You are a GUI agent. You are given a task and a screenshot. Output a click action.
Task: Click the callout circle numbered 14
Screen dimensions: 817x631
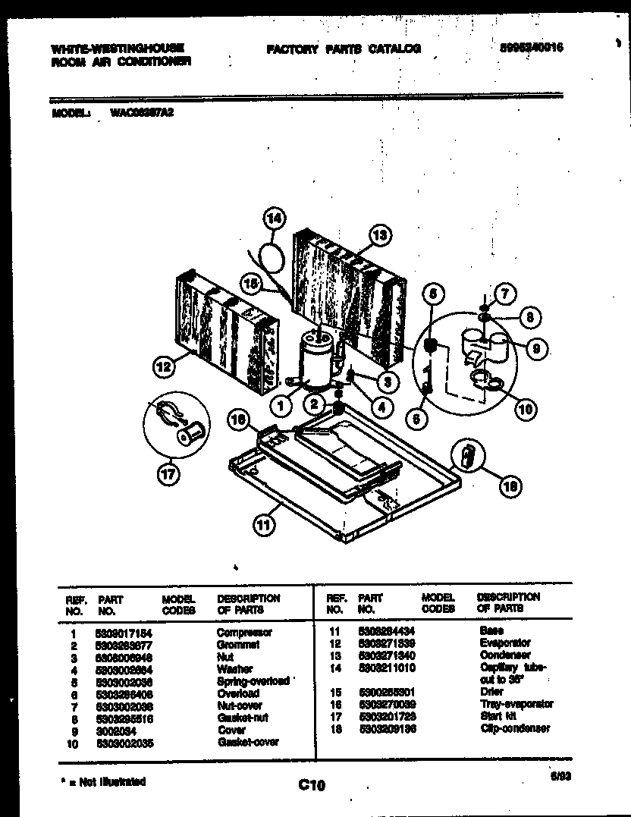(x=274, y=218)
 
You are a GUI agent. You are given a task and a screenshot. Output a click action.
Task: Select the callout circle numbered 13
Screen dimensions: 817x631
(x=381, y=235)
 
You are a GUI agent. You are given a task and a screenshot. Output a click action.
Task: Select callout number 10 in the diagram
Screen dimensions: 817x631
(x=524, y=409)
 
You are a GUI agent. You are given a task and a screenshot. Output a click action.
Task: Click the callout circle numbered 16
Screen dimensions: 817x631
(x=239, y=419)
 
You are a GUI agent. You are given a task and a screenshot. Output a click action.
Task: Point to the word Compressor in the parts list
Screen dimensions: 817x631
(x=244, y=632)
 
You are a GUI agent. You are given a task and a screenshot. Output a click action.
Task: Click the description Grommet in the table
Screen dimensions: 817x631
(x=238, y=644)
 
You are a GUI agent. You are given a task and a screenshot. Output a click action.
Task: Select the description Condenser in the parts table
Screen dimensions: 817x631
(x=505, y=655)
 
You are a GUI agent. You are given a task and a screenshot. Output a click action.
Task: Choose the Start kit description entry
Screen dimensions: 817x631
(x=498, y=715)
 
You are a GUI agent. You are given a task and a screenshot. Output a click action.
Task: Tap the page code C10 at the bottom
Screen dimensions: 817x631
(x=311, y=787)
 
